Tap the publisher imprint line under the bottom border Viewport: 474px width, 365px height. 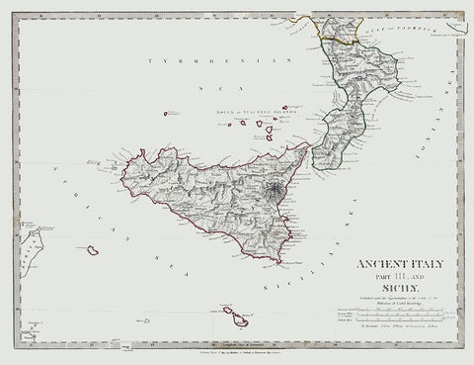pyautogui.click(x=237, y=350)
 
